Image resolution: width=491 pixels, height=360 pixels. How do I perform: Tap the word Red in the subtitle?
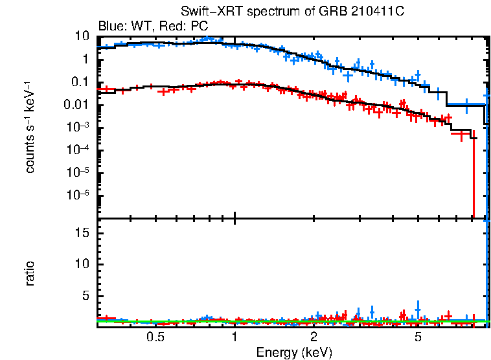[172, 27]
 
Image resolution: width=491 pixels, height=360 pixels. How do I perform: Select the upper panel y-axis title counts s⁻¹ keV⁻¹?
[30, 127]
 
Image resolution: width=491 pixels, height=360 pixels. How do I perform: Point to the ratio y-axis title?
[30, 274]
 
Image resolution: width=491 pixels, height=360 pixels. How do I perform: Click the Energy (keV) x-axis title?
[294, 352]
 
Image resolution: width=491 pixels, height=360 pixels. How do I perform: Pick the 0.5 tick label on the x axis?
[155, 337]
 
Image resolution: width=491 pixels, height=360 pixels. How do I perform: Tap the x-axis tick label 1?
[234, 337]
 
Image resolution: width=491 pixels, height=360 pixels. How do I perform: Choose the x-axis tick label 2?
[314, 337]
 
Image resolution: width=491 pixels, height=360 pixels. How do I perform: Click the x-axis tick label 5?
[418, 337]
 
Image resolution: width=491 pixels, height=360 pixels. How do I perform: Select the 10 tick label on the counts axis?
[82, 36]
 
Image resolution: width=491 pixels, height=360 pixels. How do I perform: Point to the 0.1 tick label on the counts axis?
[78, 82]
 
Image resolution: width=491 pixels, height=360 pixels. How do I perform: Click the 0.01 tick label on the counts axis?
[76, 105]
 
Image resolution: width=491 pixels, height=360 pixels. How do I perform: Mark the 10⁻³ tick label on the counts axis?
[78, 127]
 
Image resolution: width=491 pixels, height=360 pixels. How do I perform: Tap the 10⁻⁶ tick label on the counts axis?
[78, 195]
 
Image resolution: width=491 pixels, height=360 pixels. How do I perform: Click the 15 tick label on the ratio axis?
[82, 232]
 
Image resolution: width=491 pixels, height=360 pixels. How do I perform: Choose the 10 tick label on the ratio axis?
[82, 264]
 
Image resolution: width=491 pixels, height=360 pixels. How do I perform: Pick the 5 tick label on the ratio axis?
[85, 296]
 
